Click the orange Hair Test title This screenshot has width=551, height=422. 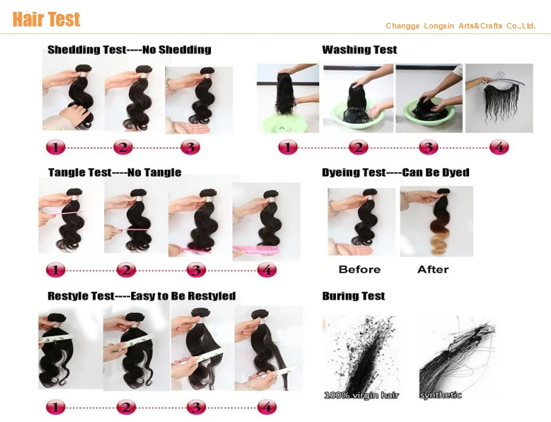click(x=46, y=19)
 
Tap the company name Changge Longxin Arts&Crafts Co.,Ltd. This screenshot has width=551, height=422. click(x=460, y=26)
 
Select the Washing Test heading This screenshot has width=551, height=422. click(x=359, y=49)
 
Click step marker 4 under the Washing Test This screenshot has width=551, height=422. click(x=499, y=147)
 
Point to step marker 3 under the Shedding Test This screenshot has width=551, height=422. click(x=190, y=147)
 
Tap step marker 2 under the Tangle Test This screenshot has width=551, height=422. click(x=126, y=270)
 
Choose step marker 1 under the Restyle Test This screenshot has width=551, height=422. click(x=56, y=407)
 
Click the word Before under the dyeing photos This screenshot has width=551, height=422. click(x=359, y=270)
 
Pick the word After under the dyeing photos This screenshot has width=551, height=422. click(x=433, y=270)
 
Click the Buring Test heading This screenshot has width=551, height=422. click(x=353, y=296)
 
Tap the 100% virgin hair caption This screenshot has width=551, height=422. click(x=362, y=396)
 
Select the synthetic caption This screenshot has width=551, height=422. click(x=440, y=396)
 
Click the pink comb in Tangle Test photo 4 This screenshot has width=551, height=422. click(x=256, y=250)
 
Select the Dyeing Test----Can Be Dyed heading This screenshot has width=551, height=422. click(x=396, y=172)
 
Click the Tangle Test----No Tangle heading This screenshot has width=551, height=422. click(x=115, y=172)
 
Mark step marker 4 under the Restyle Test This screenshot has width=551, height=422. click(x=266, y=407)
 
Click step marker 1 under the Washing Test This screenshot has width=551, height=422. click(x=288, y=147)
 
